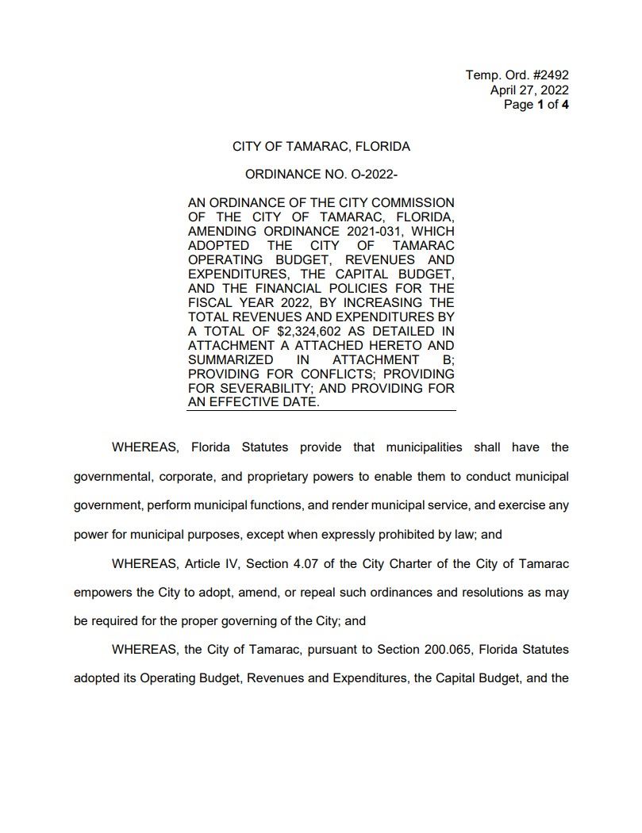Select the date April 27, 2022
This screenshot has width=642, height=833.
[x=529, y=90]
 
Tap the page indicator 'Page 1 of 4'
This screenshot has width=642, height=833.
[x=536, y=104]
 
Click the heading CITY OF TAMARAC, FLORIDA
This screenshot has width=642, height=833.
[x=321, y=147]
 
